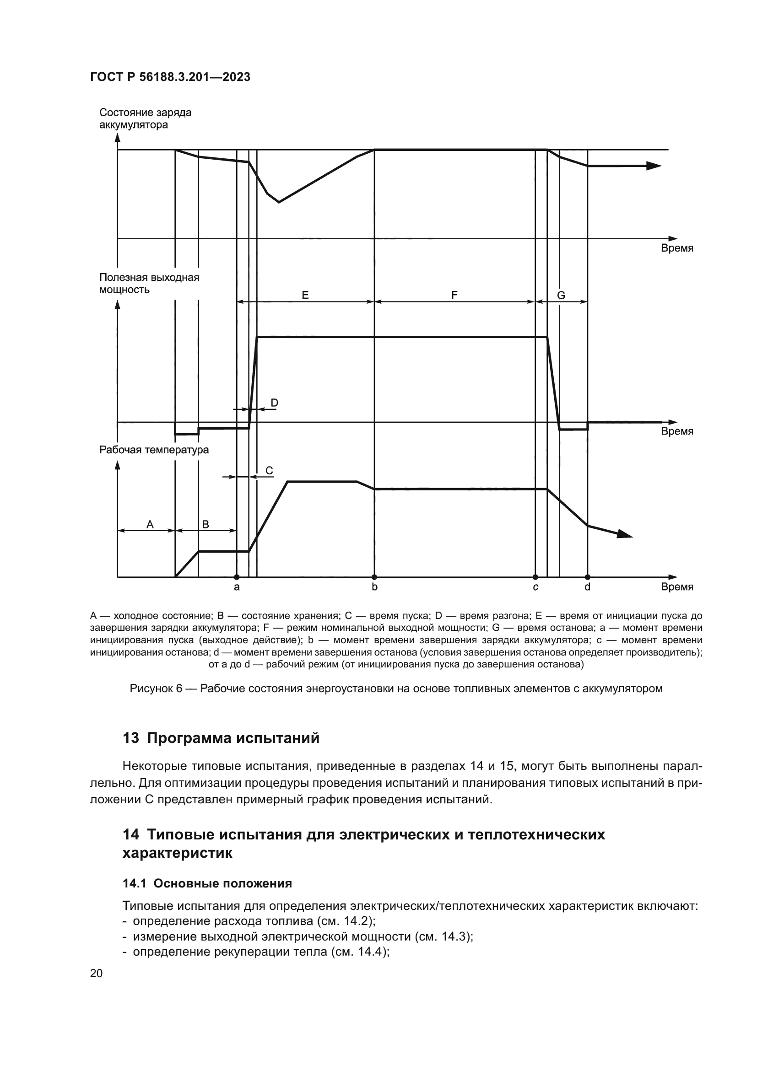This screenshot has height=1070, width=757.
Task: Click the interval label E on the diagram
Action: tap(305, 295)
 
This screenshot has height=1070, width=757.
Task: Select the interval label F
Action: tap(454, 295)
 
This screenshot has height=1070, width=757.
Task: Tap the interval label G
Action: tap(561, 295)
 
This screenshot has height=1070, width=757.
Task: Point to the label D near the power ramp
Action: tap(275, 402)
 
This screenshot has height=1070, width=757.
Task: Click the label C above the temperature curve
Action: tap(269, 470)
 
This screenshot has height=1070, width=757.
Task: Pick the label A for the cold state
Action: tap(150, 524)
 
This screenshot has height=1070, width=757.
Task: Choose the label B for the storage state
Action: tap(205, 524)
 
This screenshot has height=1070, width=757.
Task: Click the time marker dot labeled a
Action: tap(237, 577)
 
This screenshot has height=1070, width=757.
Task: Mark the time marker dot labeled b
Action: tap(374, 577)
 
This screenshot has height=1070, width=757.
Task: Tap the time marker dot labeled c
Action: tap(535, 577)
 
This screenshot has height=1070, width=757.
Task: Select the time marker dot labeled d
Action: tap(587, 577)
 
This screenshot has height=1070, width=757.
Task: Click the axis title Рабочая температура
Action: tap(154, 450)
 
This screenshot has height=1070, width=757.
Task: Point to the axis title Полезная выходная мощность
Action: tap(149, 283)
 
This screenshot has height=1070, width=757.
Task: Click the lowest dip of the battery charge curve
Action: tap(279, 202)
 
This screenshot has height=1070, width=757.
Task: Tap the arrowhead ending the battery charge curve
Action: tap(654, 166)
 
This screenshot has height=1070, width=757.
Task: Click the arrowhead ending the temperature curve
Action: tap(625, 534)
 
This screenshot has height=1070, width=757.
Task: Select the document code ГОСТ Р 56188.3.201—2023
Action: tap(170, 77)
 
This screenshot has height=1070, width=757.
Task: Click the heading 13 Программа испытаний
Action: tap(222, 738)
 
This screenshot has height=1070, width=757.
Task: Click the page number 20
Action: tap(97, 973)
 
